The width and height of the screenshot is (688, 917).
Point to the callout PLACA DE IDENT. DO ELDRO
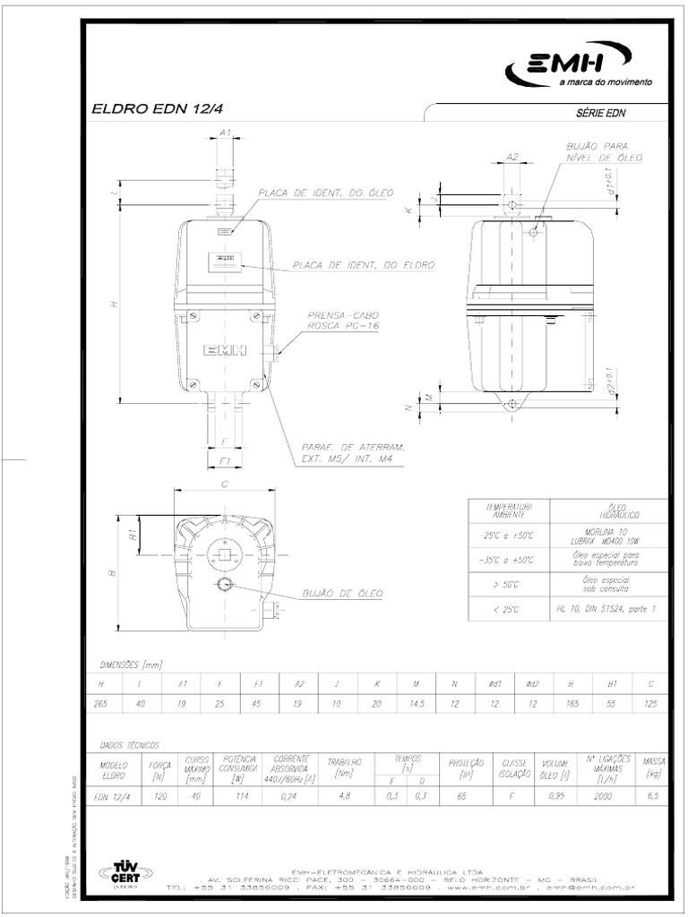coord(363,266)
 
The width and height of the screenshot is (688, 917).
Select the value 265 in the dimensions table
coord(100,704)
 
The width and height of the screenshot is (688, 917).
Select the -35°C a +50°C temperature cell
coord(509,560)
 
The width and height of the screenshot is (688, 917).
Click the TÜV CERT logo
coord(125,872)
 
